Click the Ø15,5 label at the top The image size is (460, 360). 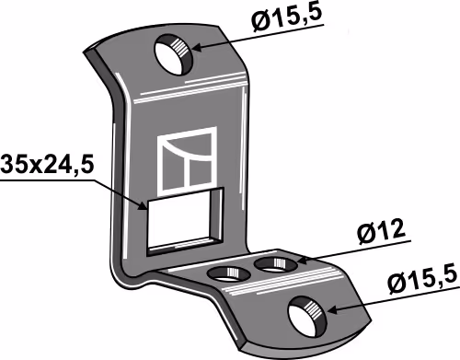[287, 17]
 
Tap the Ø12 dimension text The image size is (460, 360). [382, 232]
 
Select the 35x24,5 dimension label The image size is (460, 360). [47, 166]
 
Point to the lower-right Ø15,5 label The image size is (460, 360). [423, 282]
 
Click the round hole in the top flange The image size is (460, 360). [174, 54]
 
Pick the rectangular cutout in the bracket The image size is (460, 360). [185, 221]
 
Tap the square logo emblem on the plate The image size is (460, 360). [187, 161]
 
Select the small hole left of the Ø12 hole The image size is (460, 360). [228, 274]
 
